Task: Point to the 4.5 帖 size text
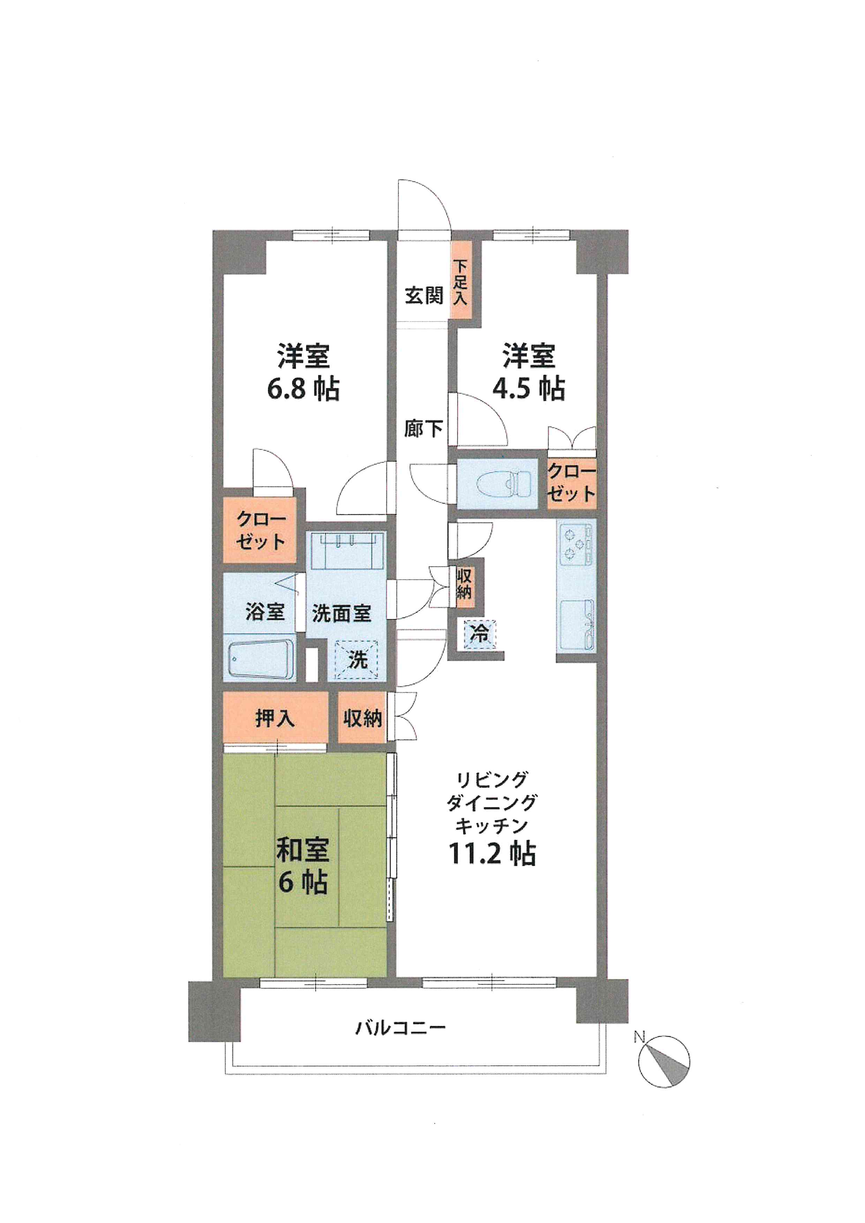click(528, 389)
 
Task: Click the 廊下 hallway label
click(423, 428)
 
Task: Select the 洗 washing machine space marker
click(357, 660)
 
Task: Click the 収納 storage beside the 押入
click(362, 719)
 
